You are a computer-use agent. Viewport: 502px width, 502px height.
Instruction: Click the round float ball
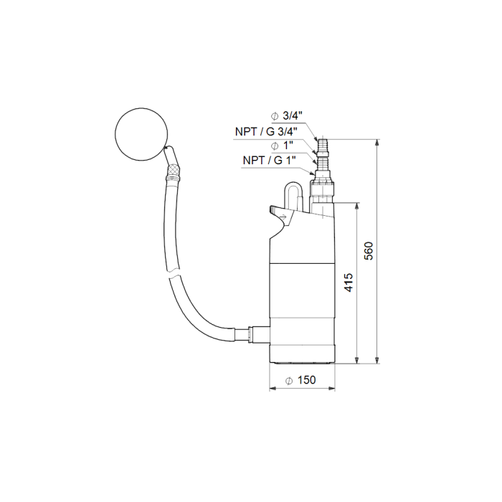(x=141, y=134)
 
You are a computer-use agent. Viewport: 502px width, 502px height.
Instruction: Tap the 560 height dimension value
(x=369, y=251)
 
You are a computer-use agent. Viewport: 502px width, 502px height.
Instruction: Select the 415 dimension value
(x=349, y=283)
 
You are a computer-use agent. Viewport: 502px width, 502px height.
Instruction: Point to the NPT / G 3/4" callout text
(x=266, y=131)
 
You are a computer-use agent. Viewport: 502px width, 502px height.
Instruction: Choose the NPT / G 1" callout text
(x=269, y=160)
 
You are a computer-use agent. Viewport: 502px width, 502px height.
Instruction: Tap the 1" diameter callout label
(x=282, y=146)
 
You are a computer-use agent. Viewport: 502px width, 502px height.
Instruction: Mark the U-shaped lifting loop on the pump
(x=292, y=194)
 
